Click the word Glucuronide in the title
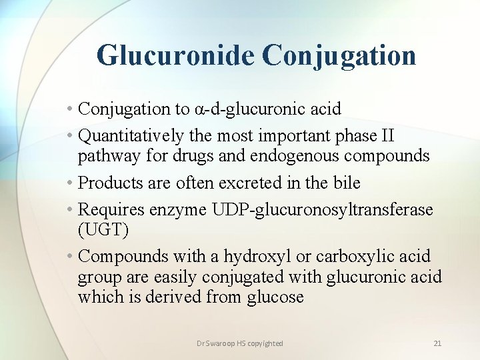(175, 55)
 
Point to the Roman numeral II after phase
(387, 136)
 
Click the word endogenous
(291, 156)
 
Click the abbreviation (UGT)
(102, 230)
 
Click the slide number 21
(437, 343)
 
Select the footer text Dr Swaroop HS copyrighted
(240, 343)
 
